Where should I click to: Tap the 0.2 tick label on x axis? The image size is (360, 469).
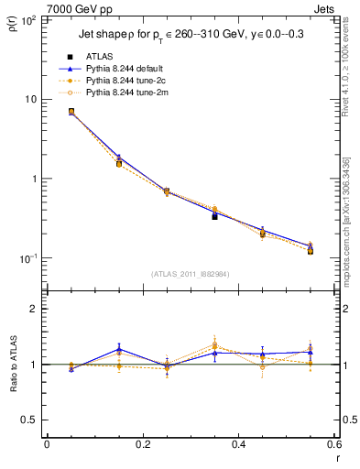coord(143,444)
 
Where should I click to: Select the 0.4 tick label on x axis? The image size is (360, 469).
coord(239,444)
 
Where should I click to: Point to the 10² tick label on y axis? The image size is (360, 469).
coord(28,19)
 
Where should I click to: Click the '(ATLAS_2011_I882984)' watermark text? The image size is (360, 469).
coord(191,273)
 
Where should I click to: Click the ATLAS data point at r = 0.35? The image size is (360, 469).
coord(214,216)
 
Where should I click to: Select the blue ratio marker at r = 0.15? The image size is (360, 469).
coord(119,349)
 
